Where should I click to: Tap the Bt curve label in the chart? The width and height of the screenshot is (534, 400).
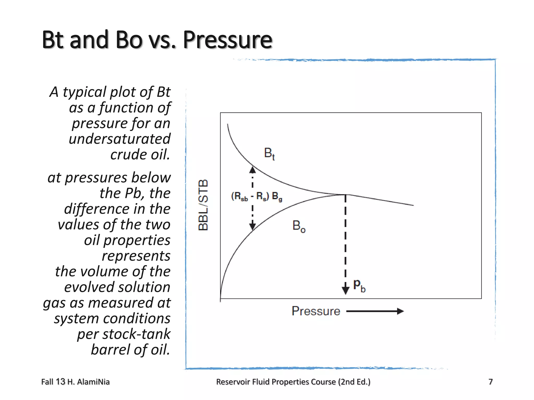269,153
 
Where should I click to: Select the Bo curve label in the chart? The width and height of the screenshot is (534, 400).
299,226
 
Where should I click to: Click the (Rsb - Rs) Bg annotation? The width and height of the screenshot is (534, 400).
257,196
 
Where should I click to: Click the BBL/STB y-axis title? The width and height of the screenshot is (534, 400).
203,205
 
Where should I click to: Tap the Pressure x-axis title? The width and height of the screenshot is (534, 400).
316,311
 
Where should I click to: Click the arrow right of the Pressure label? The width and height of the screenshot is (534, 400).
375,311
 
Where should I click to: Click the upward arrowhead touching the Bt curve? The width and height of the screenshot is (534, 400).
252,170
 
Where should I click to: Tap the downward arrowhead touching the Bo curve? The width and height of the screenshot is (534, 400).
252,226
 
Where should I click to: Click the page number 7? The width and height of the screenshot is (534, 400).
490,382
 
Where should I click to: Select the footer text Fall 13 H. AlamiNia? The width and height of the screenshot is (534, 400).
75,382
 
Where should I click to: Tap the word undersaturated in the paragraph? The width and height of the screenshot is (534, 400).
119,139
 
